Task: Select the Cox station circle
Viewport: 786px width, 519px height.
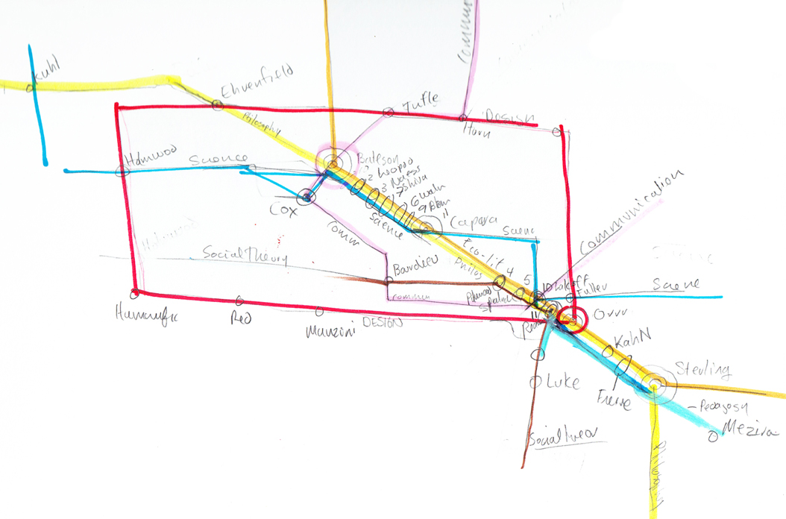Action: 305,198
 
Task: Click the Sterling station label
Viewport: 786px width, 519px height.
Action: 702,369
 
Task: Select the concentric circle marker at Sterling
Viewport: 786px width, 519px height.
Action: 655,385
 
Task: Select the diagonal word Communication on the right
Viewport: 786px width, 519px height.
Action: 632,211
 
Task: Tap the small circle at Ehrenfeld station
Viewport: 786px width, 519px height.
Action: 217,105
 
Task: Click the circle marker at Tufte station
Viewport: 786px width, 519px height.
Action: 388,113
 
